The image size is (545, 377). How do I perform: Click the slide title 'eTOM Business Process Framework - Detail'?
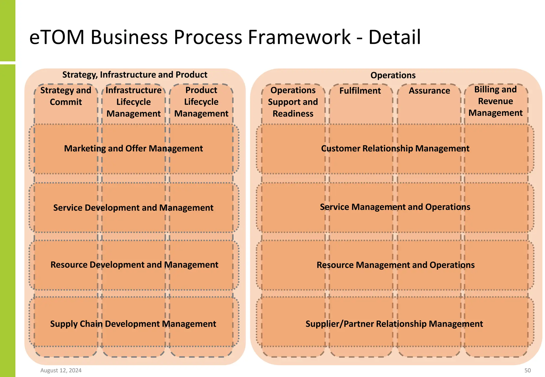tap(225, 37)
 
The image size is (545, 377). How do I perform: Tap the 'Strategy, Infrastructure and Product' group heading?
tap(135, 75)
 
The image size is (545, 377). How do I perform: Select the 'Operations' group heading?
tap(393, 75)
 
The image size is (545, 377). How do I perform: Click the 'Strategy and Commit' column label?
tap(66, 96)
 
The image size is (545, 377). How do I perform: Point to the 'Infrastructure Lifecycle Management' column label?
tap(134, 102)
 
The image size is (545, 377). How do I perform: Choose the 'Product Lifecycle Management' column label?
tap(201, 102)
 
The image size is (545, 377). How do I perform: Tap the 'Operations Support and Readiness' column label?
tap(293, 102)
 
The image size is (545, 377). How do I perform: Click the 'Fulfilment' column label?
tap(360, 91)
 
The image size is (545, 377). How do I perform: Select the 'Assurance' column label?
tap(429, 91)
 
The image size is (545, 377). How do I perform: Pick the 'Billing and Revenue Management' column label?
tap(495, 101)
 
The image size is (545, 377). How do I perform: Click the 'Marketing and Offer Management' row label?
tap(133, 148)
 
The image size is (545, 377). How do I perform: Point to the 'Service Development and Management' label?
tap(133, 208)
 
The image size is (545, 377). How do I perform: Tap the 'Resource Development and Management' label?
tap(134, 265)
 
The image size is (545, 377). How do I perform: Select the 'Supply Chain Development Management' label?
tap(133, 324)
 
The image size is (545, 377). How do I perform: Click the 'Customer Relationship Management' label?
tap(395, 148)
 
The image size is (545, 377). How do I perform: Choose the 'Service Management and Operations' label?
tap(395, 207)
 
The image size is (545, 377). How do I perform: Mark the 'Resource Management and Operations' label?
tap(395, 265)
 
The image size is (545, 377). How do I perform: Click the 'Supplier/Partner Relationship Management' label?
tap(394, 324)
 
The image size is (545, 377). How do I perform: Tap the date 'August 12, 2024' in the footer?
tap(61, 370)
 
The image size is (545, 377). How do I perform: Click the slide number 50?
tap(527, 370)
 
